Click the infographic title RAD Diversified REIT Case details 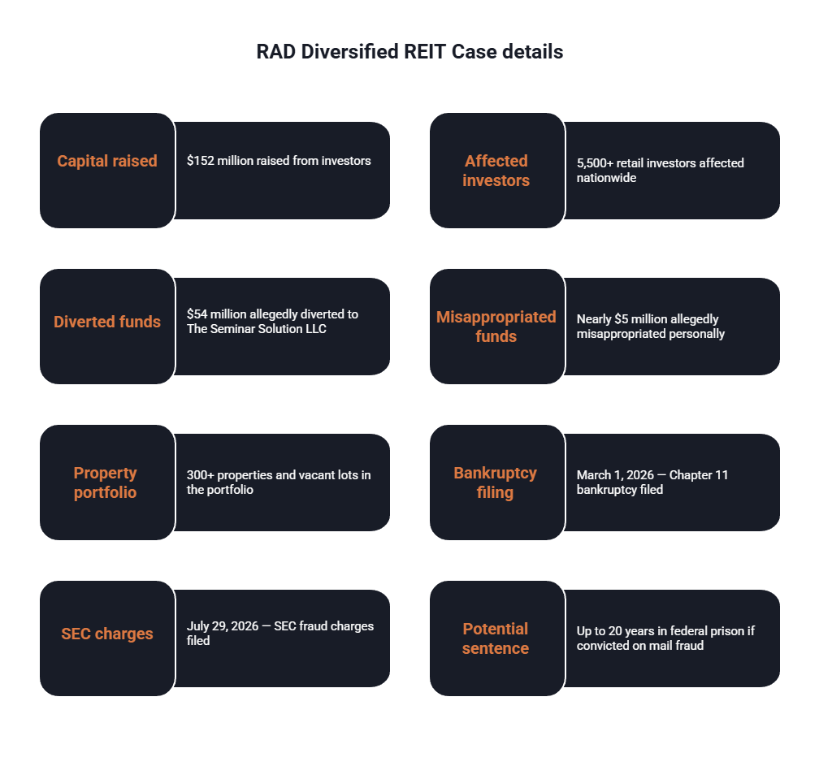(x=409, y=52)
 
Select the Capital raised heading (x=107, y=161)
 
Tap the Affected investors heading (x=496, y=171)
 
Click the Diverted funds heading (x=107, y=322)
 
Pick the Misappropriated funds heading (x=496, y=327)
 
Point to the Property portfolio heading (x=105, y=483)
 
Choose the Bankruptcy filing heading (x=495, y=483)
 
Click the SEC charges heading (x=107, y=634)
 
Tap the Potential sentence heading (x=495, y=638)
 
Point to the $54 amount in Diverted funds (x=197, y=314)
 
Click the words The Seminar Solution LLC (x=257, y=329)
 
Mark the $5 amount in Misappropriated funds (x=622, y=319)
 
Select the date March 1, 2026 (x=615, y=475)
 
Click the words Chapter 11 (x=699, y=475)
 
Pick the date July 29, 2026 (x=223, y=626)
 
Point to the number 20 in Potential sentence (x=615, y=631)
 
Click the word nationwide (x=606, y=178)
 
